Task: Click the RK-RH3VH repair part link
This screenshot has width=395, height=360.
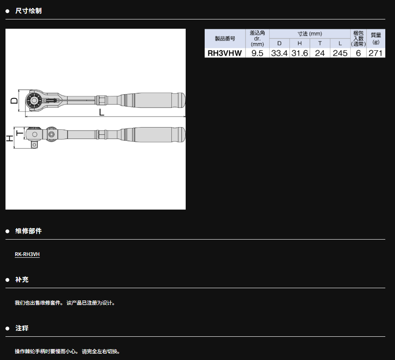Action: pos(27,254)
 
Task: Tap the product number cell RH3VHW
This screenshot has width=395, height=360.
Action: pos(225,53)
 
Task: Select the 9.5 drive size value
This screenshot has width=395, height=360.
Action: pos(257,53)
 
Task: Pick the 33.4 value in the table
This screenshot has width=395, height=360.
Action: pos(279,53)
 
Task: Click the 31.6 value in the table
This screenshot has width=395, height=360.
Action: pos(300,53)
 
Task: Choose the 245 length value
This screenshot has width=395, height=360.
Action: pos(340,53)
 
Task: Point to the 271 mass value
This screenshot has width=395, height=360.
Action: pos(376,53)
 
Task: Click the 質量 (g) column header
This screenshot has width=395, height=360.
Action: pos(376,38)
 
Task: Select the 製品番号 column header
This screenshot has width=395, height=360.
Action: pos(225,38)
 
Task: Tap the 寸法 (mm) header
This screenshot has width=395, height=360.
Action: pos(310,34)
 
